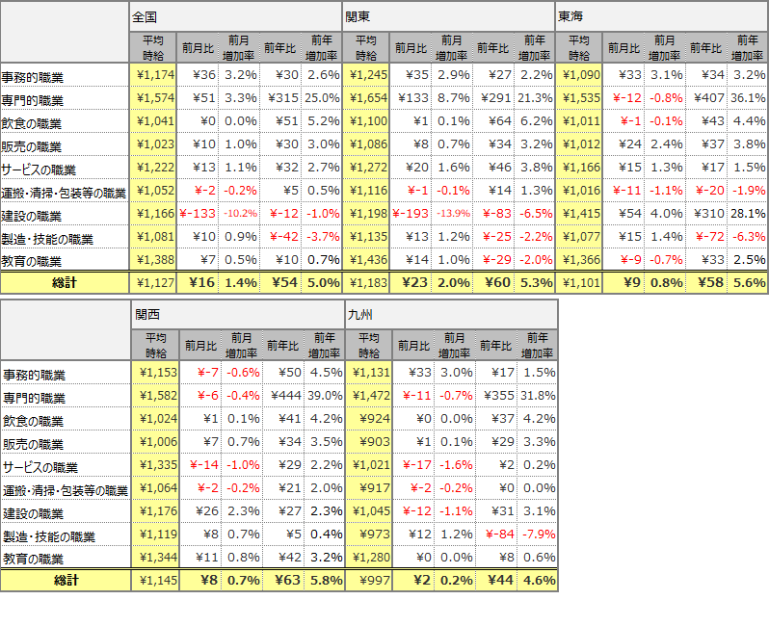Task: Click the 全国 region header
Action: pyautogui.click(x=145, y=17)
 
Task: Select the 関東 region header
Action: pyautogui.click(x=358, y=17)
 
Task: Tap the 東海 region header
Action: pyautogui.click(x=570, y=17)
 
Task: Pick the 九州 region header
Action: pyautogui.click(x=358, y=315)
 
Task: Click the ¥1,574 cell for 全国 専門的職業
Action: pyautogui.click(x=153, y=98)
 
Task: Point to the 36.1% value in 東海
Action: pyautogui.click(x=748, y=98)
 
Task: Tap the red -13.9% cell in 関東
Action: pyautogui.click(x=450, y=214)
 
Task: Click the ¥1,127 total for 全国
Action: pyautogui.click(x=153, y=283)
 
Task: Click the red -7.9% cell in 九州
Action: pyautogui.click(x=538, y=535)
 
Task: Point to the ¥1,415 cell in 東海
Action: pyautogui.click(x=580, y=214)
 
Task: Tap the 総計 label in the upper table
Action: pyautogui.click(x=65, y=283)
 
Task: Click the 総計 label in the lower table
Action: pyautogui.click(x=65, y=581)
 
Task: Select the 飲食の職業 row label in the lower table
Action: pyautogui.click(x=33, y=420)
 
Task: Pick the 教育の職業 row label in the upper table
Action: pyautogui.click(x=33, y=261)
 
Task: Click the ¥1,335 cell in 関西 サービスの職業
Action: pyautogui.click(x=153, y=465)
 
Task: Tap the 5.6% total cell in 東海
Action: pyautogui.click(x=748, y=283)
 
